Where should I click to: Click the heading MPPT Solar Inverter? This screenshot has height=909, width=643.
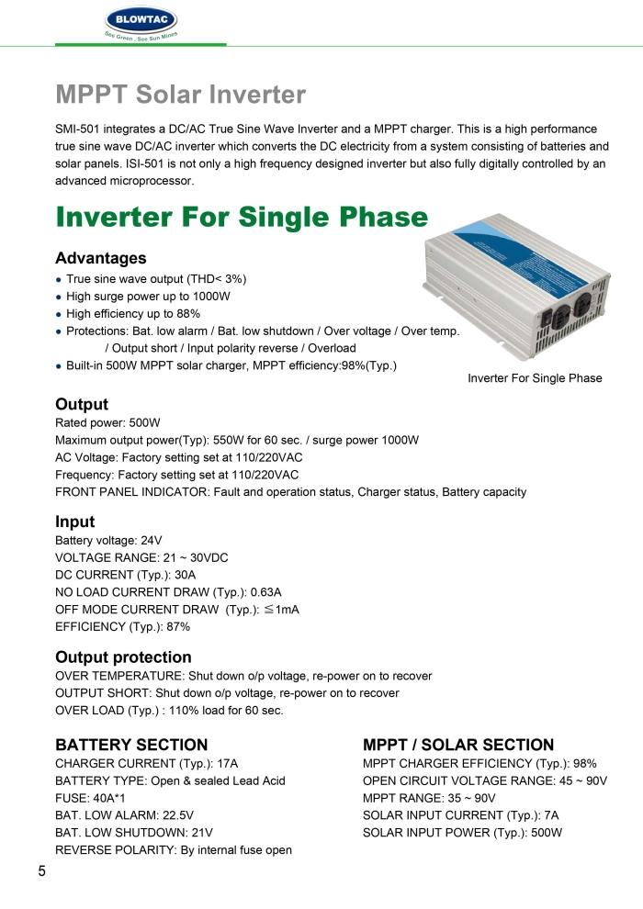180,95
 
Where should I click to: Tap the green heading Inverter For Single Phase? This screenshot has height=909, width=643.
242,218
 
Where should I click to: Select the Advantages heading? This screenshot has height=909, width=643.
100,258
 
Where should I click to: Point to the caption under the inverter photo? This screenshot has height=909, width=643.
535,378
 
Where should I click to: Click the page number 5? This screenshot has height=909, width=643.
42,870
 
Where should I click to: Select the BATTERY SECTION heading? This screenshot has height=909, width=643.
131,745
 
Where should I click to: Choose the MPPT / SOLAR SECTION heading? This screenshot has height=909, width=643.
458,745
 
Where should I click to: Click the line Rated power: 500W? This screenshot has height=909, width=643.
107,423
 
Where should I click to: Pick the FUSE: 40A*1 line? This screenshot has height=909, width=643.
90,798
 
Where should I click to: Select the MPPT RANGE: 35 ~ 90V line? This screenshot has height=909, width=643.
429,798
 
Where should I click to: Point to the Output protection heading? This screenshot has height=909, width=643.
123,657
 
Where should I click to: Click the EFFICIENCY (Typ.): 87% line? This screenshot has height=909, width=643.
122,627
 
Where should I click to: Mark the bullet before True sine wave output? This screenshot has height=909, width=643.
59,279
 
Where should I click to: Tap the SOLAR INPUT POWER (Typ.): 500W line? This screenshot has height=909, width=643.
462,833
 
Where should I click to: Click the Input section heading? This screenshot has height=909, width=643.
74,522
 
